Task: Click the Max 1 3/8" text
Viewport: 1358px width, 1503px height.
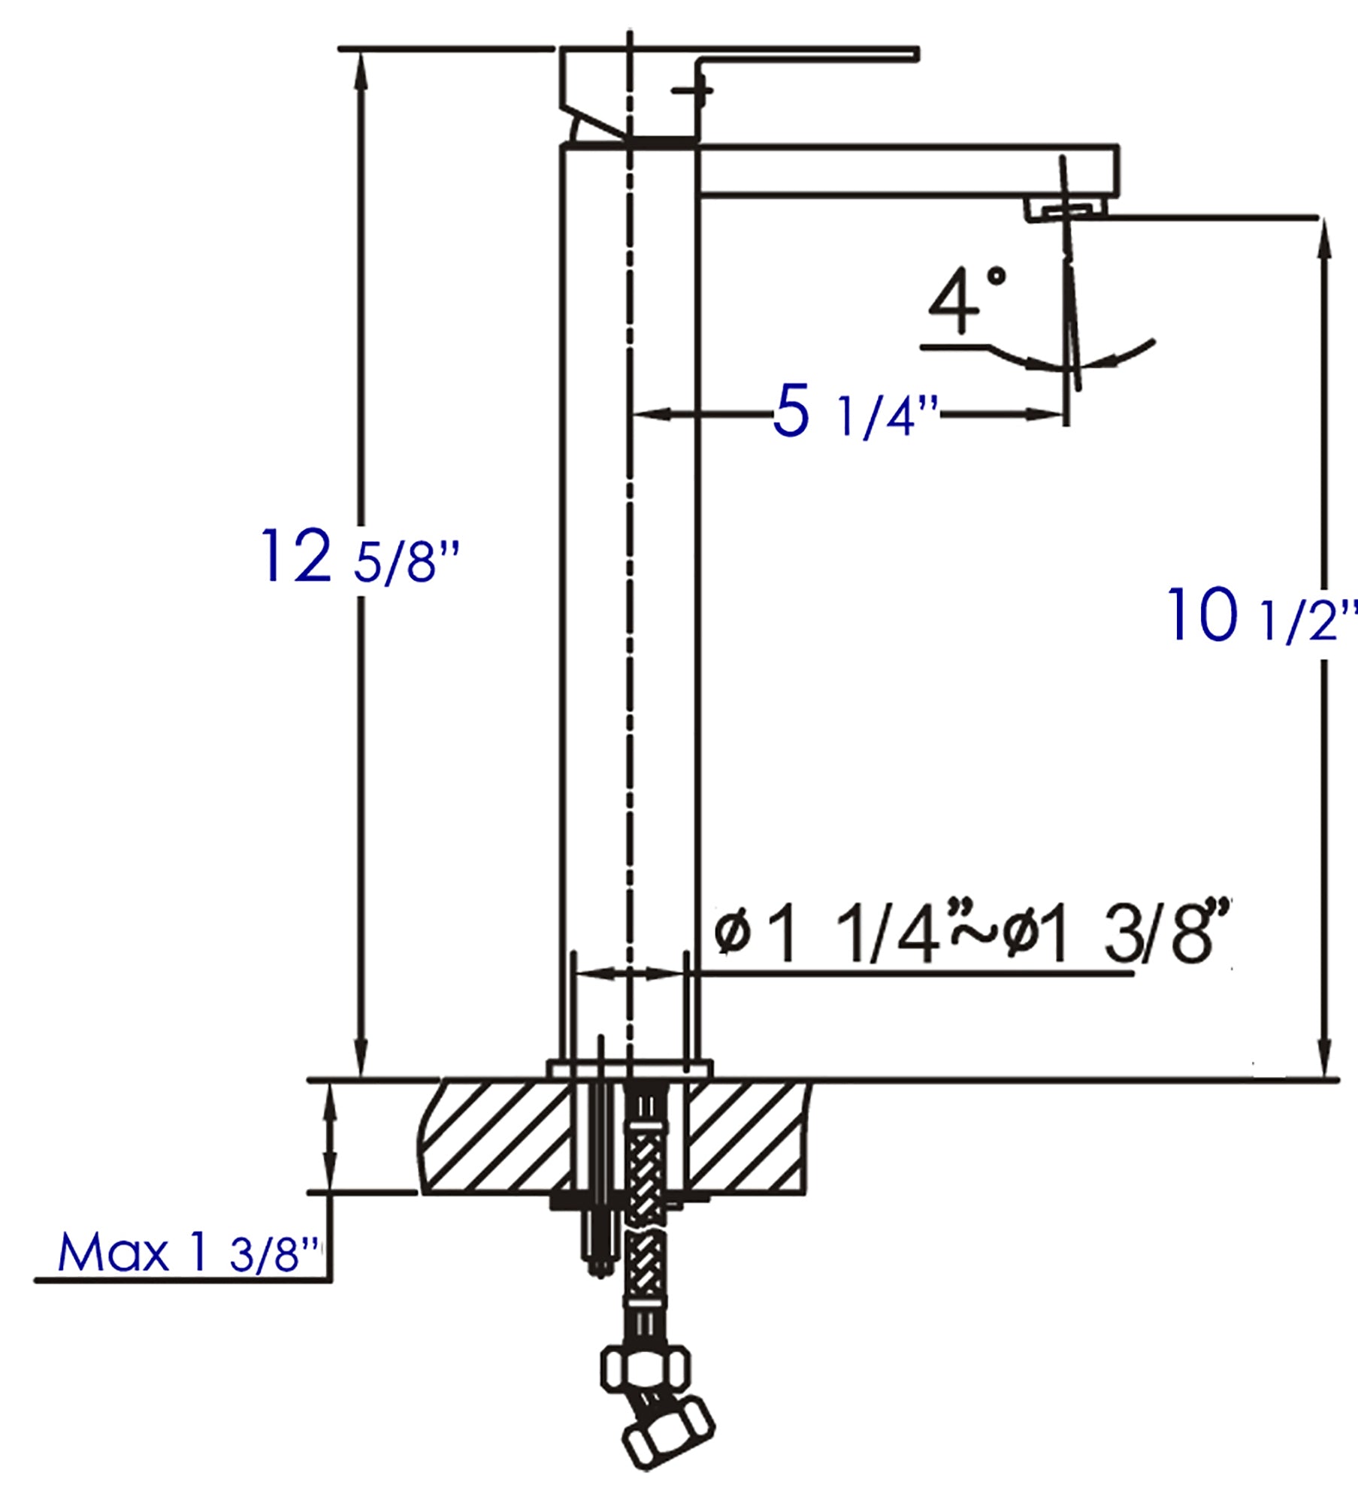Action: [x=188, y=1254]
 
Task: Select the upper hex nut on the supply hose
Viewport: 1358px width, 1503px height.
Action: [x=645, y=1374]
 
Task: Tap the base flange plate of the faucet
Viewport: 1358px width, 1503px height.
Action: [x=630, y=1069]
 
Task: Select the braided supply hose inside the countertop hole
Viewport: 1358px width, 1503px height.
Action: [x=644, y=1157]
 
